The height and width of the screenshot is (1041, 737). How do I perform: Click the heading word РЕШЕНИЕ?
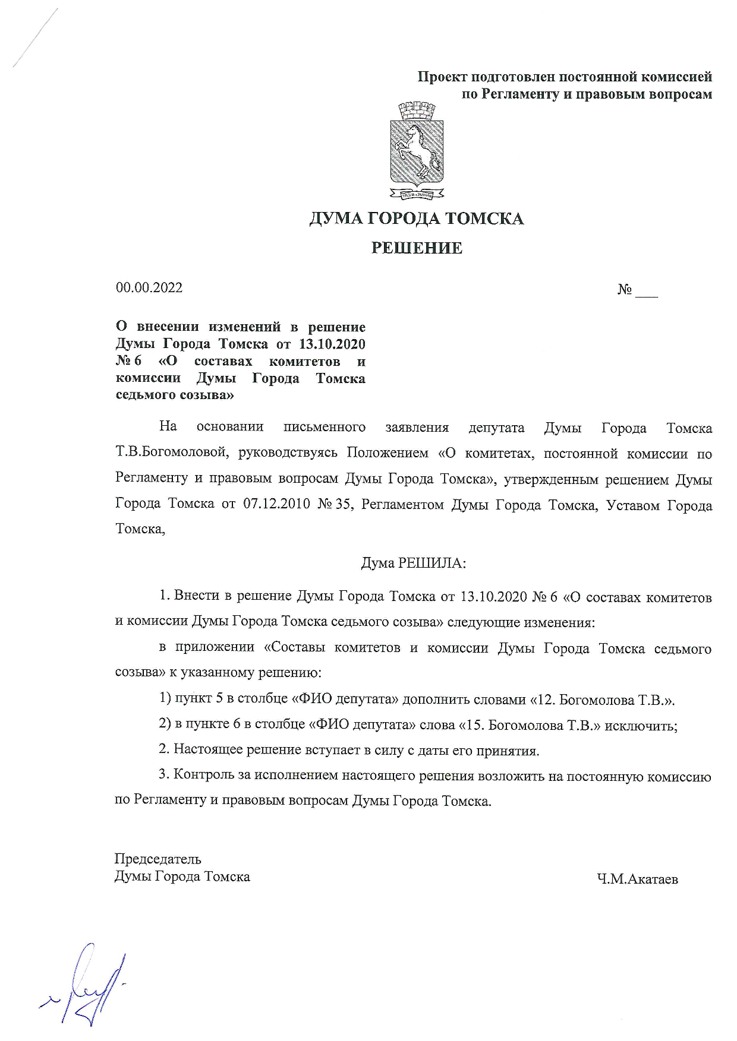pyautogui.click(x=417, y=248)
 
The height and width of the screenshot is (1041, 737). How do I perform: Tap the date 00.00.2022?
pyautogui.click(x=149, y=288)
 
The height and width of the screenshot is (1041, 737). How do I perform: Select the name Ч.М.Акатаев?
pyautogui.click(x=638, y=879)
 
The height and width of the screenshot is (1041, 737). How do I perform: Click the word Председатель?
pyautogui.click(x=158, y=859)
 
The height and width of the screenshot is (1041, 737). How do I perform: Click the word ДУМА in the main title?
pyautogui.click(x=335, y=219)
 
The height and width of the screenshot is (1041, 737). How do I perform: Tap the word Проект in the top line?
pyautogui.click(x=442, y=77)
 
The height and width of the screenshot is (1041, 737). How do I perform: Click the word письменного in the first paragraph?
pyautogui.click(x=324, y=427)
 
